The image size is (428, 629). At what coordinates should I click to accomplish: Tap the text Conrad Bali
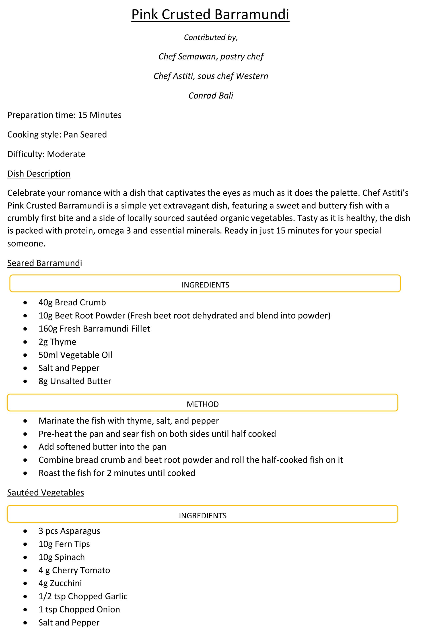(211, 96)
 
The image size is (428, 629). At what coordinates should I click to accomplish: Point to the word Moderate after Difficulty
(66, 154)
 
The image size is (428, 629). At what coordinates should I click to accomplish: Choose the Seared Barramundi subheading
(44, 263)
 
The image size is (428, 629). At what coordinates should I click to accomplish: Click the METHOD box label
(202, 404)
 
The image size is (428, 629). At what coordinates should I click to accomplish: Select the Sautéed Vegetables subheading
(45, 492)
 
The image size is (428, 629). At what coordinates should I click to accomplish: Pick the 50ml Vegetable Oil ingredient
(75, 355)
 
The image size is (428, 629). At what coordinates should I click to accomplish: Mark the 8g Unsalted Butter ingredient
(75, 381)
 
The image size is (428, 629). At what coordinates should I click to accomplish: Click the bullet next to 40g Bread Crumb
(25, 303)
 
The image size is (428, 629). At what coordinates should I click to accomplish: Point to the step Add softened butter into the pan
(102, 447)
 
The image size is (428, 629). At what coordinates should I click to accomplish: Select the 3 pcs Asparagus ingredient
(69, 531)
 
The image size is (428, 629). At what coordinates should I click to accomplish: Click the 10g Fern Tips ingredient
(64, 544)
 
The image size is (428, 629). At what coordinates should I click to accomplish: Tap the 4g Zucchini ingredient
(60, 583)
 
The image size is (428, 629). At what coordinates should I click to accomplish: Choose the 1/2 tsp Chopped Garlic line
(83, 596)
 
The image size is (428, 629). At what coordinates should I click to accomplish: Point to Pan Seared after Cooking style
(85, 135)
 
